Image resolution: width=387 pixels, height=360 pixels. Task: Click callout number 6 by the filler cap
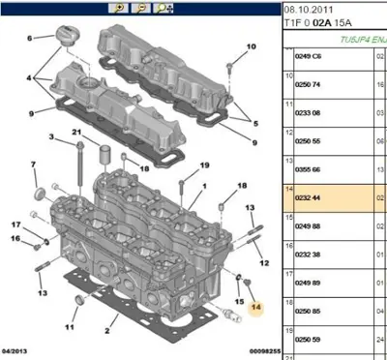[x=28, y=38]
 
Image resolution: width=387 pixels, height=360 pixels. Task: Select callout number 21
[x=76, y=133]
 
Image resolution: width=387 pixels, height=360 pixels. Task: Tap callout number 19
[x=205, y=165]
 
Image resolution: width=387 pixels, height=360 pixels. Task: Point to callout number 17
[x=15, y=225]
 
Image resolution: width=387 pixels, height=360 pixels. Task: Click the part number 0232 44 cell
[x=310, y=197]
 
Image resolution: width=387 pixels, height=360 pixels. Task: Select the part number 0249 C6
[x=310, y=57]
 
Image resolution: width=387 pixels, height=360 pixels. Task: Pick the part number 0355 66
[x=310, y=169]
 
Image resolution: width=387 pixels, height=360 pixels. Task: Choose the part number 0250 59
[x=310, y=339]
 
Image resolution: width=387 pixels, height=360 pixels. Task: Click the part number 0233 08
[x=310, y=113]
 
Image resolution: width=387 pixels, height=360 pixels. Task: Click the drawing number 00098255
[x=244, y=349]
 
